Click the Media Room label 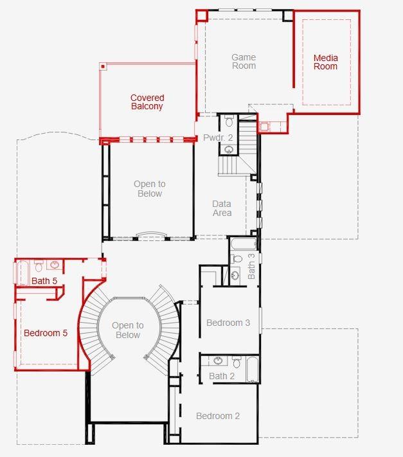click(325, 62)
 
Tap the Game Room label click(244, 62)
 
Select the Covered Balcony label click(147, 102)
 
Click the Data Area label click(222, 208)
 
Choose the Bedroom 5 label click(46, 333)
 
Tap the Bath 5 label click(44, 281)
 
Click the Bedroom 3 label click(228, 323)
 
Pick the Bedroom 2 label click(218, 416)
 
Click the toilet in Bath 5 click(39, 266)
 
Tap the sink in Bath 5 click(55, 265)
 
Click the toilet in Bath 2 click(237, 362)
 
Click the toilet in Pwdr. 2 click(229, 122)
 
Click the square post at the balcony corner click(102, 66)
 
